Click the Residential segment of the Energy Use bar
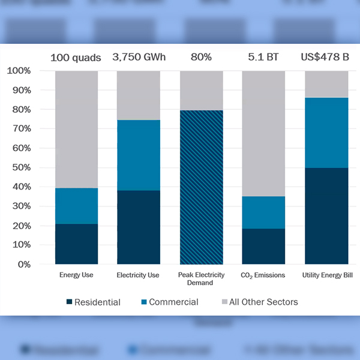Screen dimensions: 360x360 point(76,244)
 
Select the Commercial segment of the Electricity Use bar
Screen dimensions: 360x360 point(139,155)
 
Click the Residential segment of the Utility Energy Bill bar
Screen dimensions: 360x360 point(326,216)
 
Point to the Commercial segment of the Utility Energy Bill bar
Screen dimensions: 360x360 point(326,133)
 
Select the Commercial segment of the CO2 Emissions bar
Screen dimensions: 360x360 point(263,212)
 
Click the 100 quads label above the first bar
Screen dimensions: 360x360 point(76,58)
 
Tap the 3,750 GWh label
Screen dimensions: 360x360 point(139,58)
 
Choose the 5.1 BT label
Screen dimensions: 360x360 point(263,58)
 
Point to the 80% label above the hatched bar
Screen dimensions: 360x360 point(201,58)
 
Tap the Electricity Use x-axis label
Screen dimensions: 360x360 point(139,275)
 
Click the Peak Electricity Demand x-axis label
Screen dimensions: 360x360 point(201,279)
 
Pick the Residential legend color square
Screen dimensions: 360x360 point(69,302)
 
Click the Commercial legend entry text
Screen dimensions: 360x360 point(173,302)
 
